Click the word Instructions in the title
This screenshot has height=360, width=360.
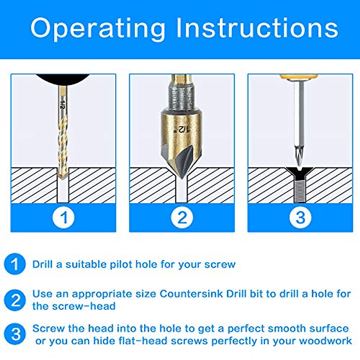[257, 28]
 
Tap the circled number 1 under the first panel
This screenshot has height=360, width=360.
[64, 217]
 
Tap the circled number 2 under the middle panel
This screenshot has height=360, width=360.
[182, 217]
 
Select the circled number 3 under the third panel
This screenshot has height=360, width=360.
[300, 217]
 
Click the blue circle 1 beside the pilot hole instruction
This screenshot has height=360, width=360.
[15, 264]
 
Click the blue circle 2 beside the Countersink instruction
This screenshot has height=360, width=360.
[15, 300]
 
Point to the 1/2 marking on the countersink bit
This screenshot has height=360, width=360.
[181, 129]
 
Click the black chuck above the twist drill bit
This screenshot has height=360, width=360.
[63, 79]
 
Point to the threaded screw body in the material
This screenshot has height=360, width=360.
[299, 189]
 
